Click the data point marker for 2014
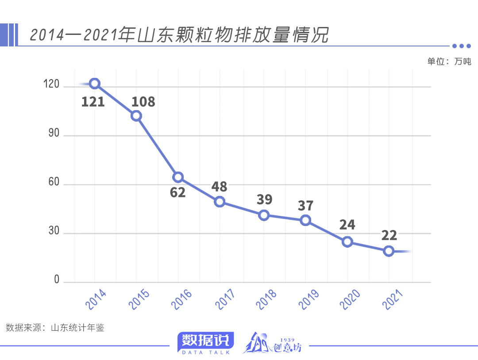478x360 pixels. tap(94, 84)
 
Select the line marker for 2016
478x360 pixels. tap(178, 177)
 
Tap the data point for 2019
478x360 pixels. tap(305, 220)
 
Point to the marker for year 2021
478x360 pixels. tap(389, 251)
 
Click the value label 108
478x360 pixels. tap(143, 102)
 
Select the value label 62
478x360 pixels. tap(178, 193)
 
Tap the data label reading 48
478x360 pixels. tap(220, 187)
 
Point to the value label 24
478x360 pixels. tap(347, 225)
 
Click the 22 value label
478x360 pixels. tap(389, 235)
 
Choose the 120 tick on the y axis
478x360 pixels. tap(51, 84)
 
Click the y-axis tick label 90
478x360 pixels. tap(54, 134)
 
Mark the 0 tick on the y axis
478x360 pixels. tap(57, 280)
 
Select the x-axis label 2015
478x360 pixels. tap(139, 299)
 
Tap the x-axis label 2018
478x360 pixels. tap(266, 299)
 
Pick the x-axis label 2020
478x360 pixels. tap(350, 299)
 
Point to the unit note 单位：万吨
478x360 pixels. tap(449, 61)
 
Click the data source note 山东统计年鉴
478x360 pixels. tap(55, 328)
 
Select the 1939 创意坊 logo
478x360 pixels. tap(272, 343)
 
